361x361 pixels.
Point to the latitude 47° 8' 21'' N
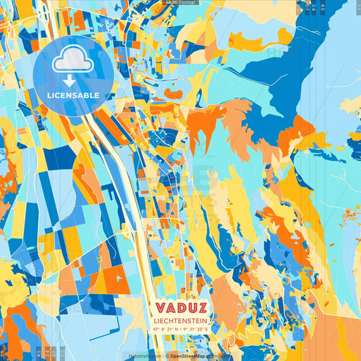[166, 330]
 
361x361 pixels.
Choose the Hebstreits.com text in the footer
[145, 356]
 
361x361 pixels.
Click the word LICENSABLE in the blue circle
[73, 95]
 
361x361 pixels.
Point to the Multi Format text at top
[179, 3]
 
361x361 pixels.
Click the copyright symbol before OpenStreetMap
[167, 356]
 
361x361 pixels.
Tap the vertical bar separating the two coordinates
[181, 330]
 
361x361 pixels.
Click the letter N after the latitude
[177, 330]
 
